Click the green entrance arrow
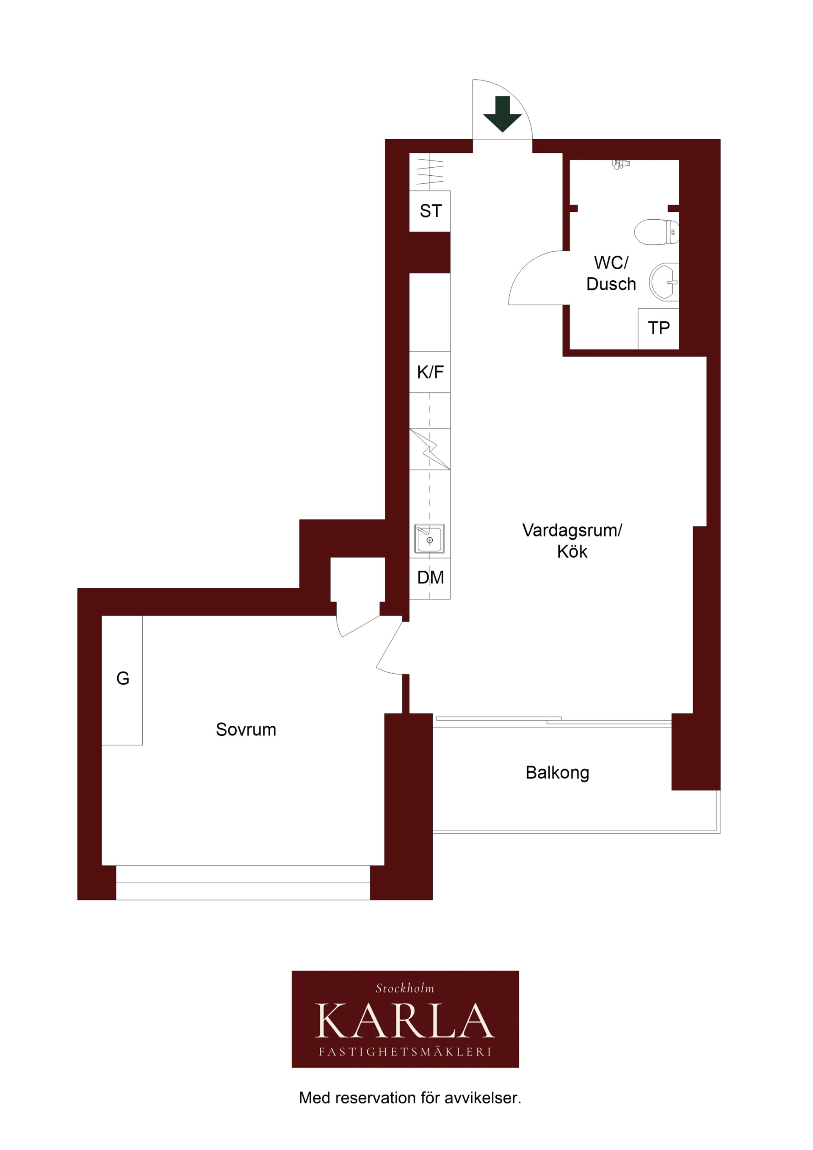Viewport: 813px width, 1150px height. pyautogui.click(x=503, y=114)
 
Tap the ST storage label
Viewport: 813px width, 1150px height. pyautogui.click(x=431, y=211)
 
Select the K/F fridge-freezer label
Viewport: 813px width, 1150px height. pyautogui.click(x=430, y=372)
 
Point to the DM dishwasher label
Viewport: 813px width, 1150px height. pyautogui.click(x=430, y=578)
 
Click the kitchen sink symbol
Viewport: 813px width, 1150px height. pyautogui.click(x=429, y=539)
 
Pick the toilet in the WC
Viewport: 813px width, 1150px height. pyautogui.click(x=657, y=232)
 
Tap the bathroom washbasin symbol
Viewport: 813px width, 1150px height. pyautogui.click(x=664, y=282)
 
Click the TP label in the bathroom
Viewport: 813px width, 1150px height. pyautogui.click(x=659, y=328)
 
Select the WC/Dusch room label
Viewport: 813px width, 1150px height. pyautogui.click(x=611, y=274)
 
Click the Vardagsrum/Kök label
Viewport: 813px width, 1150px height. pyautogui.click(x=572, y=541)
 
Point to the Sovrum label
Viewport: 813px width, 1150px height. pyautogui.click(x=246, y=730)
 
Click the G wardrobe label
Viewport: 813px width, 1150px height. pyautogui.click(x=123, y=678)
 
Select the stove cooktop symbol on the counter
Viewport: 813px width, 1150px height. pyautogui.click(x=429, y=449)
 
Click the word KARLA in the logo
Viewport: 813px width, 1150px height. pyautogui.click(x=405, y=1021)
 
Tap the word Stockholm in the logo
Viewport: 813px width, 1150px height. pyautogui.click(x=405, y=988)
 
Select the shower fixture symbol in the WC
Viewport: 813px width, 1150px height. pyautogui.click(x=620, y=164)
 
